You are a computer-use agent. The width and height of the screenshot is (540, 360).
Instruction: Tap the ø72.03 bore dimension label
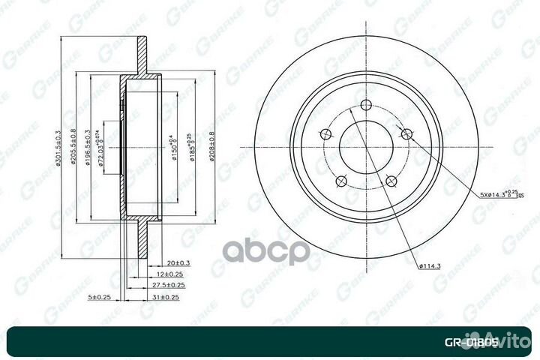[103, 146]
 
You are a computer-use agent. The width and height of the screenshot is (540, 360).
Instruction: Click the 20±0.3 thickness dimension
[178, 262]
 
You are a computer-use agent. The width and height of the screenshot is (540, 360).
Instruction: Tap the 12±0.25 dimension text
[174, 274]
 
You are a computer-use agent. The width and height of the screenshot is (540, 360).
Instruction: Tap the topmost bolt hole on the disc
[366, 106]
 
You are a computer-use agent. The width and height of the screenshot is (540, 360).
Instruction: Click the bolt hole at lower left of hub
[340, 180]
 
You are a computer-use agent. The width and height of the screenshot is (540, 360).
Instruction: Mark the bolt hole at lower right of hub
[391, 180]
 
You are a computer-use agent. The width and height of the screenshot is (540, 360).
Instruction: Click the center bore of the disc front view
[366, 146]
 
